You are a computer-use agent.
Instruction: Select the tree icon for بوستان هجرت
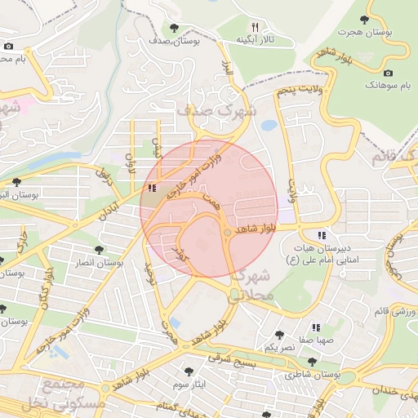(363, 20)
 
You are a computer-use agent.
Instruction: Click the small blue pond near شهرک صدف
(268, 126)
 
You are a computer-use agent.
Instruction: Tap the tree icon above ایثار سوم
(189, 371)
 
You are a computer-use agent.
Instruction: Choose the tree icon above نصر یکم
(280, 335)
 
